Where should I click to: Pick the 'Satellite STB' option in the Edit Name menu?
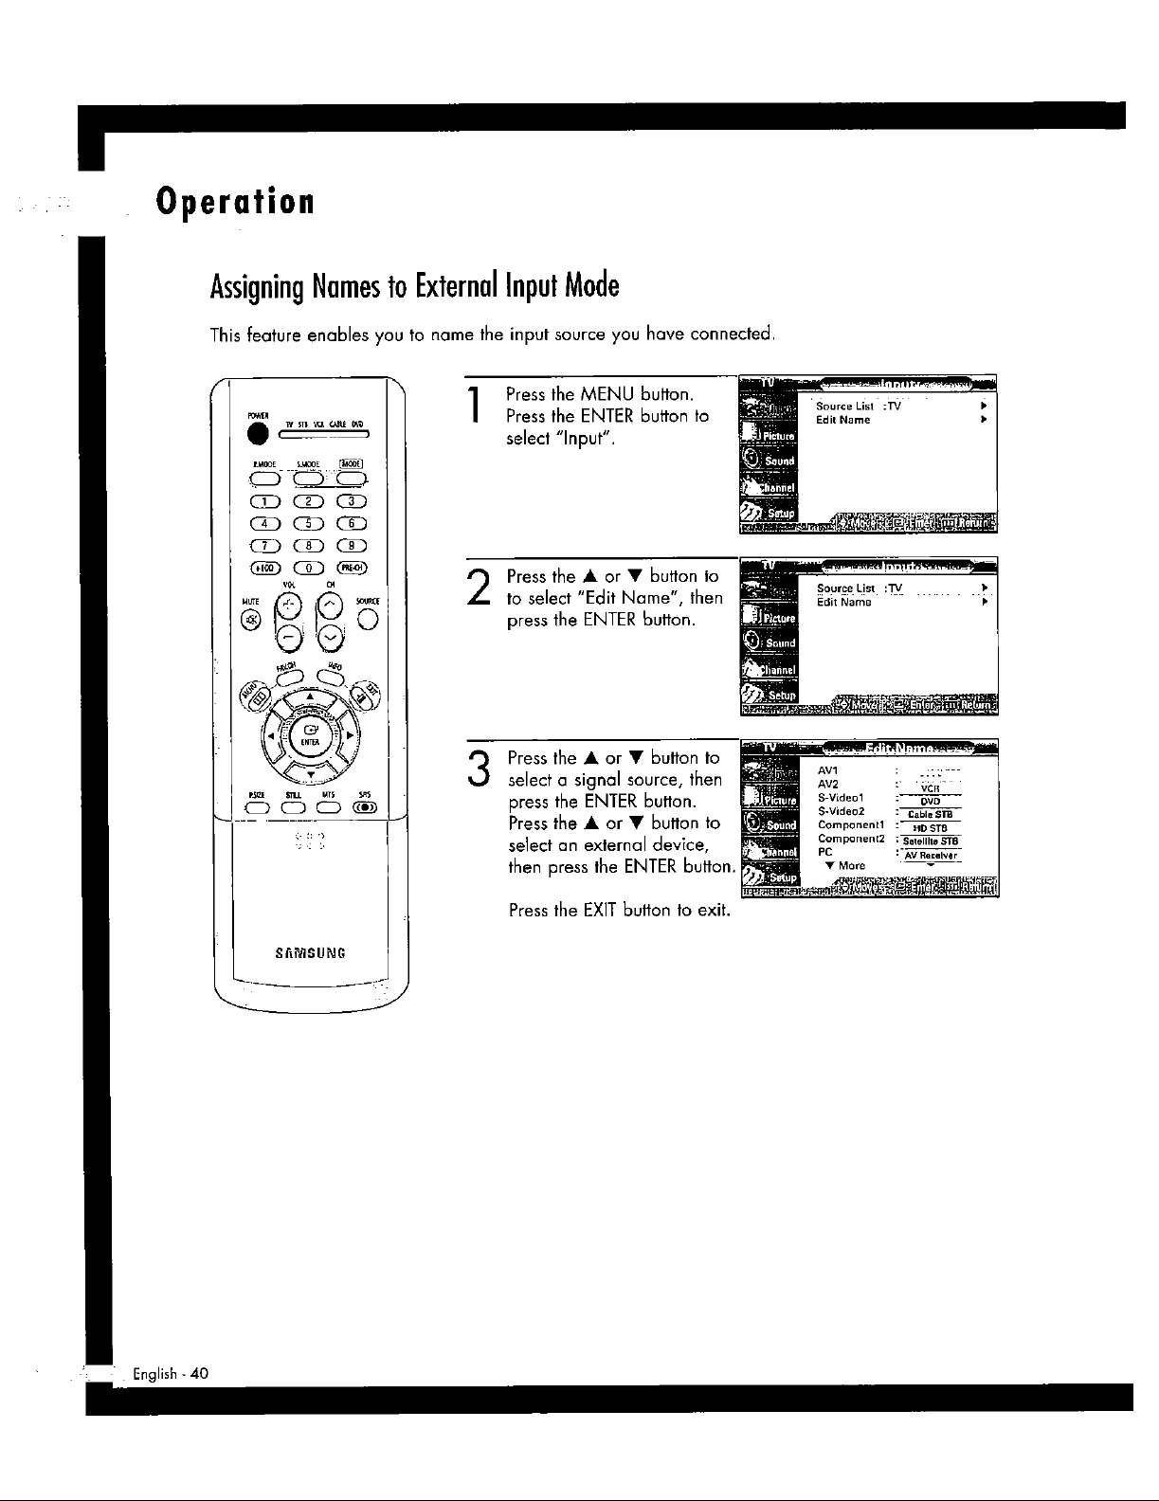coord(933,841)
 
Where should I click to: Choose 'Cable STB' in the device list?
coord(933,814)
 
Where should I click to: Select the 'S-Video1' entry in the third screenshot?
coord(841,798)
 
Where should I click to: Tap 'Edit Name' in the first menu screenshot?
coord(842,420)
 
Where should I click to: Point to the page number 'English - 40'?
coord(172,1374)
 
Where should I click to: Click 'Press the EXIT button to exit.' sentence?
coord(619,911)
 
